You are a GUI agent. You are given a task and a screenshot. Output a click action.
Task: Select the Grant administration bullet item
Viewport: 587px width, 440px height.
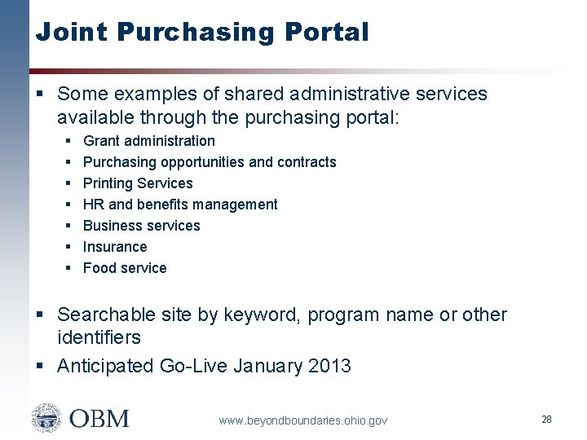coord(148,141)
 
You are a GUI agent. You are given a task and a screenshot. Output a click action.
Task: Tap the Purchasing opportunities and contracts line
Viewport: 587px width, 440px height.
coord(210,162)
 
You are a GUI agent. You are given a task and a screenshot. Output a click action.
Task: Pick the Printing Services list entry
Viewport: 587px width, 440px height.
coord(138,183)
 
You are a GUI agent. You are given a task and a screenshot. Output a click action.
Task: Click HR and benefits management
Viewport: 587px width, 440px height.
coord(180,205)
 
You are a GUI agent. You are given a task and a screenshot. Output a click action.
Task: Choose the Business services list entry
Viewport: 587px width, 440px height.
coord(141,226)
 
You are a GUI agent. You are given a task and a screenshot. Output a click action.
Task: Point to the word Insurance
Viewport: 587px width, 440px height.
coord(115,247)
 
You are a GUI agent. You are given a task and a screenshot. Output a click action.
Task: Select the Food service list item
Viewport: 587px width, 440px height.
coord(125,268)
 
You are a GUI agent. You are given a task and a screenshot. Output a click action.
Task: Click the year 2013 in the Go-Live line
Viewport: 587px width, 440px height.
coord(329,366)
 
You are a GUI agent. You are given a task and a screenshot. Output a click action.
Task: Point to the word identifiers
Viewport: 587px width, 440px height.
coord(99,337)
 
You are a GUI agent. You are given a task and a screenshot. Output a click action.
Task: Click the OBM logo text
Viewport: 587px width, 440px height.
coord(99,419)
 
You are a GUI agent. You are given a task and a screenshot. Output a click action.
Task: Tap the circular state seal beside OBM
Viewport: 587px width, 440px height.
coord(46,418)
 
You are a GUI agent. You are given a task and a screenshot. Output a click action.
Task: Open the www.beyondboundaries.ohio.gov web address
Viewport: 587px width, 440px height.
coord(302,420)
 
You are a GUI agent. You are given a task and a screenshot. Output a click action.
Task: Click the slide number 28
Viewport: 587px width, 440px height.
coord(546,419)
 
